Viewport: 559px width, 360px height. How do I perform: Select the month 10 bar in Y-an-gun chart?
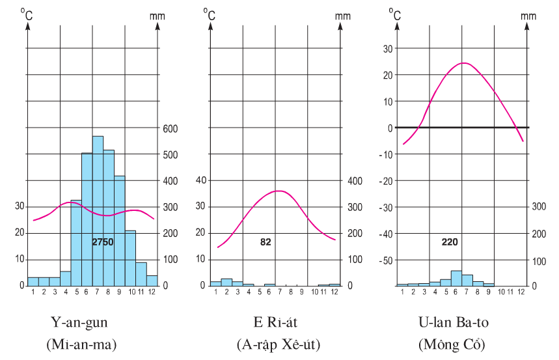[x=130, y=258]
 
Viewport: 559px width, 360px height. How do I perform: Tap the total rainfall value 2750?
[x=103, y=242]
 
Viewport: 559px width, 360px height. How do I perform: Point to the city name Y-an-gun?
[x=80, y=323]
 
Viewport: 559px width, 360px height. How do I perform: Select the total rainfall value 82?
[x=265, y=242]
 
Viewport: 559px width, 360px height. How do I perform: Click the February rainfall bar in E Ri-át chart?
[x=226, y=282]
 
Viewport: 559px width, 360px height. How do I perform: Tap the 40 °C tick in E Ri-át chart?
[x=200, y=180]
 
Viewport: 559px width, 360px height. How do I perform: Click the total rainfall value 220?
[x=448, y=242]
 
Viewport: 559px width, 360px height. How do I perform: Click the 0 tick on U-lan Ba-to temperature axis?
[x=390, y=128]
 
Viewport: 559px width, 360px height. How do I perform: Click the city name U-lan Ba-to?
[x=454, y=323]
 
